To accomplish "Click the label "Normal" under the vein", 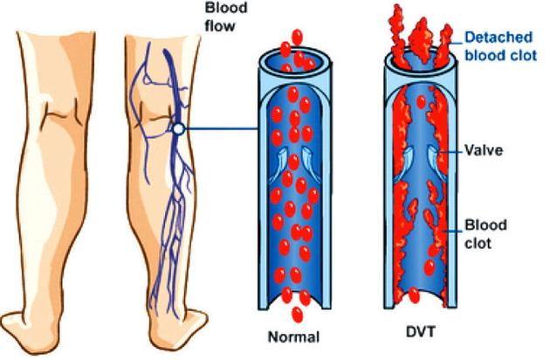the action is pos(293,337).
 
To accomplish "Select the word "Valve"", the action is pos(484,150).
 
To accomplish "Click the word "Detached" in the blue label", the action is pos(498,38).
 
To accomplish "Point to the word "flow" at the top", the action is pos(220,26).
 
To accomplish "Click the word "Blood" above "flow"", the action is pos(226,8).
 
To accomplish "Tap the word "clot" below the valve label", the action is pos(478,243).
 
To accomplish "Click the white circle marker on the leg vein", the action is pos(179,129).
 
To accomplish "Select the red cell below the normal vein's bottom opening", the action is pos(297,315).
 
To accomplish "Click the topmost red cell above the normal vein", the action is pos(297,38).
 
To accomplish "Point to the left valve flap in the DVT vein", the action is pos(404,164).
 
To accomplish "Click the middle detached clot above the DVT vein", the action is pos(420,41).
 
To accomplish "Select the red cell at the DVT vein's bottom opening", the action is pos(415,295).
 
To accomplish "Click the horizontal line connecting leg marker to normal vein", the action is pos(222,129).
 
